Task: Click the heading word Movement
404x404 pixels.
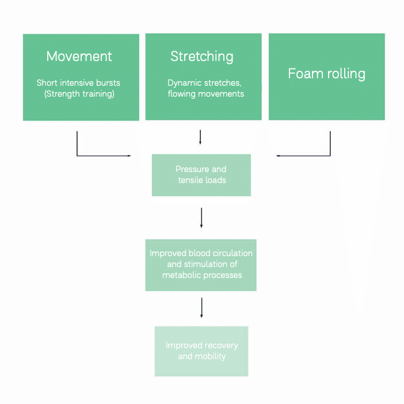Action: coord(79,56)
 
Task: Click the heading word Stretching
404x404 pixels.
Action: coord(202,56)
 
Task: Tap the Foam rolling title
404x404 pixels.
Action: coord(326,74)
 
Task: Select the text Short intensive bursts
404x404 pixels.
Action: coord(79,83)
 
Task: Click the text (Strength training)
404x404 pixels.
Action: coord(79,94)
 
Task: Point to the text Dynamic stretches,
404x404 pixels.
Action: coord(204,83)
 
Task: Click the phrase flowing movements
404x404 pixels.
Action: coord(205,94)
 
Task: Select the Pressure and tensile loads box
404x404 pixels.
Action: coord(201,175)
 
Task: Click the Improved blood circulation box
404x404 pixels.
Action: coord(201,265)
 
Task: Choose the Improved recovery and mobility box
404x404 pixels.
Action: coord(201,351)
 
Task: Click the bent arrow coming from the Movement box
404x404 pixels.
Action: coord(92,155)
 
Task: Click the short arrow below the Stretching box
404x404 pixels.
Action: coord(200,137)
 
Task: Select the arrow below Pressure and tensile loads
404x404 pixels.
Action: coord(201,218)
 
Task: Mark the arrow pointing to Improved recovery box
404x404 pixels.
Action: coord(201,307)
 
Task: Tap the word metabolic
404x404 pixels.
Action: coord(181,275)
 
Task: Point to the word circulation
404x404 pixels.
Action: coord(232,253)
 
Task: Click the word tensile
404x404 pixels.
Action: coord(190,180)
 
